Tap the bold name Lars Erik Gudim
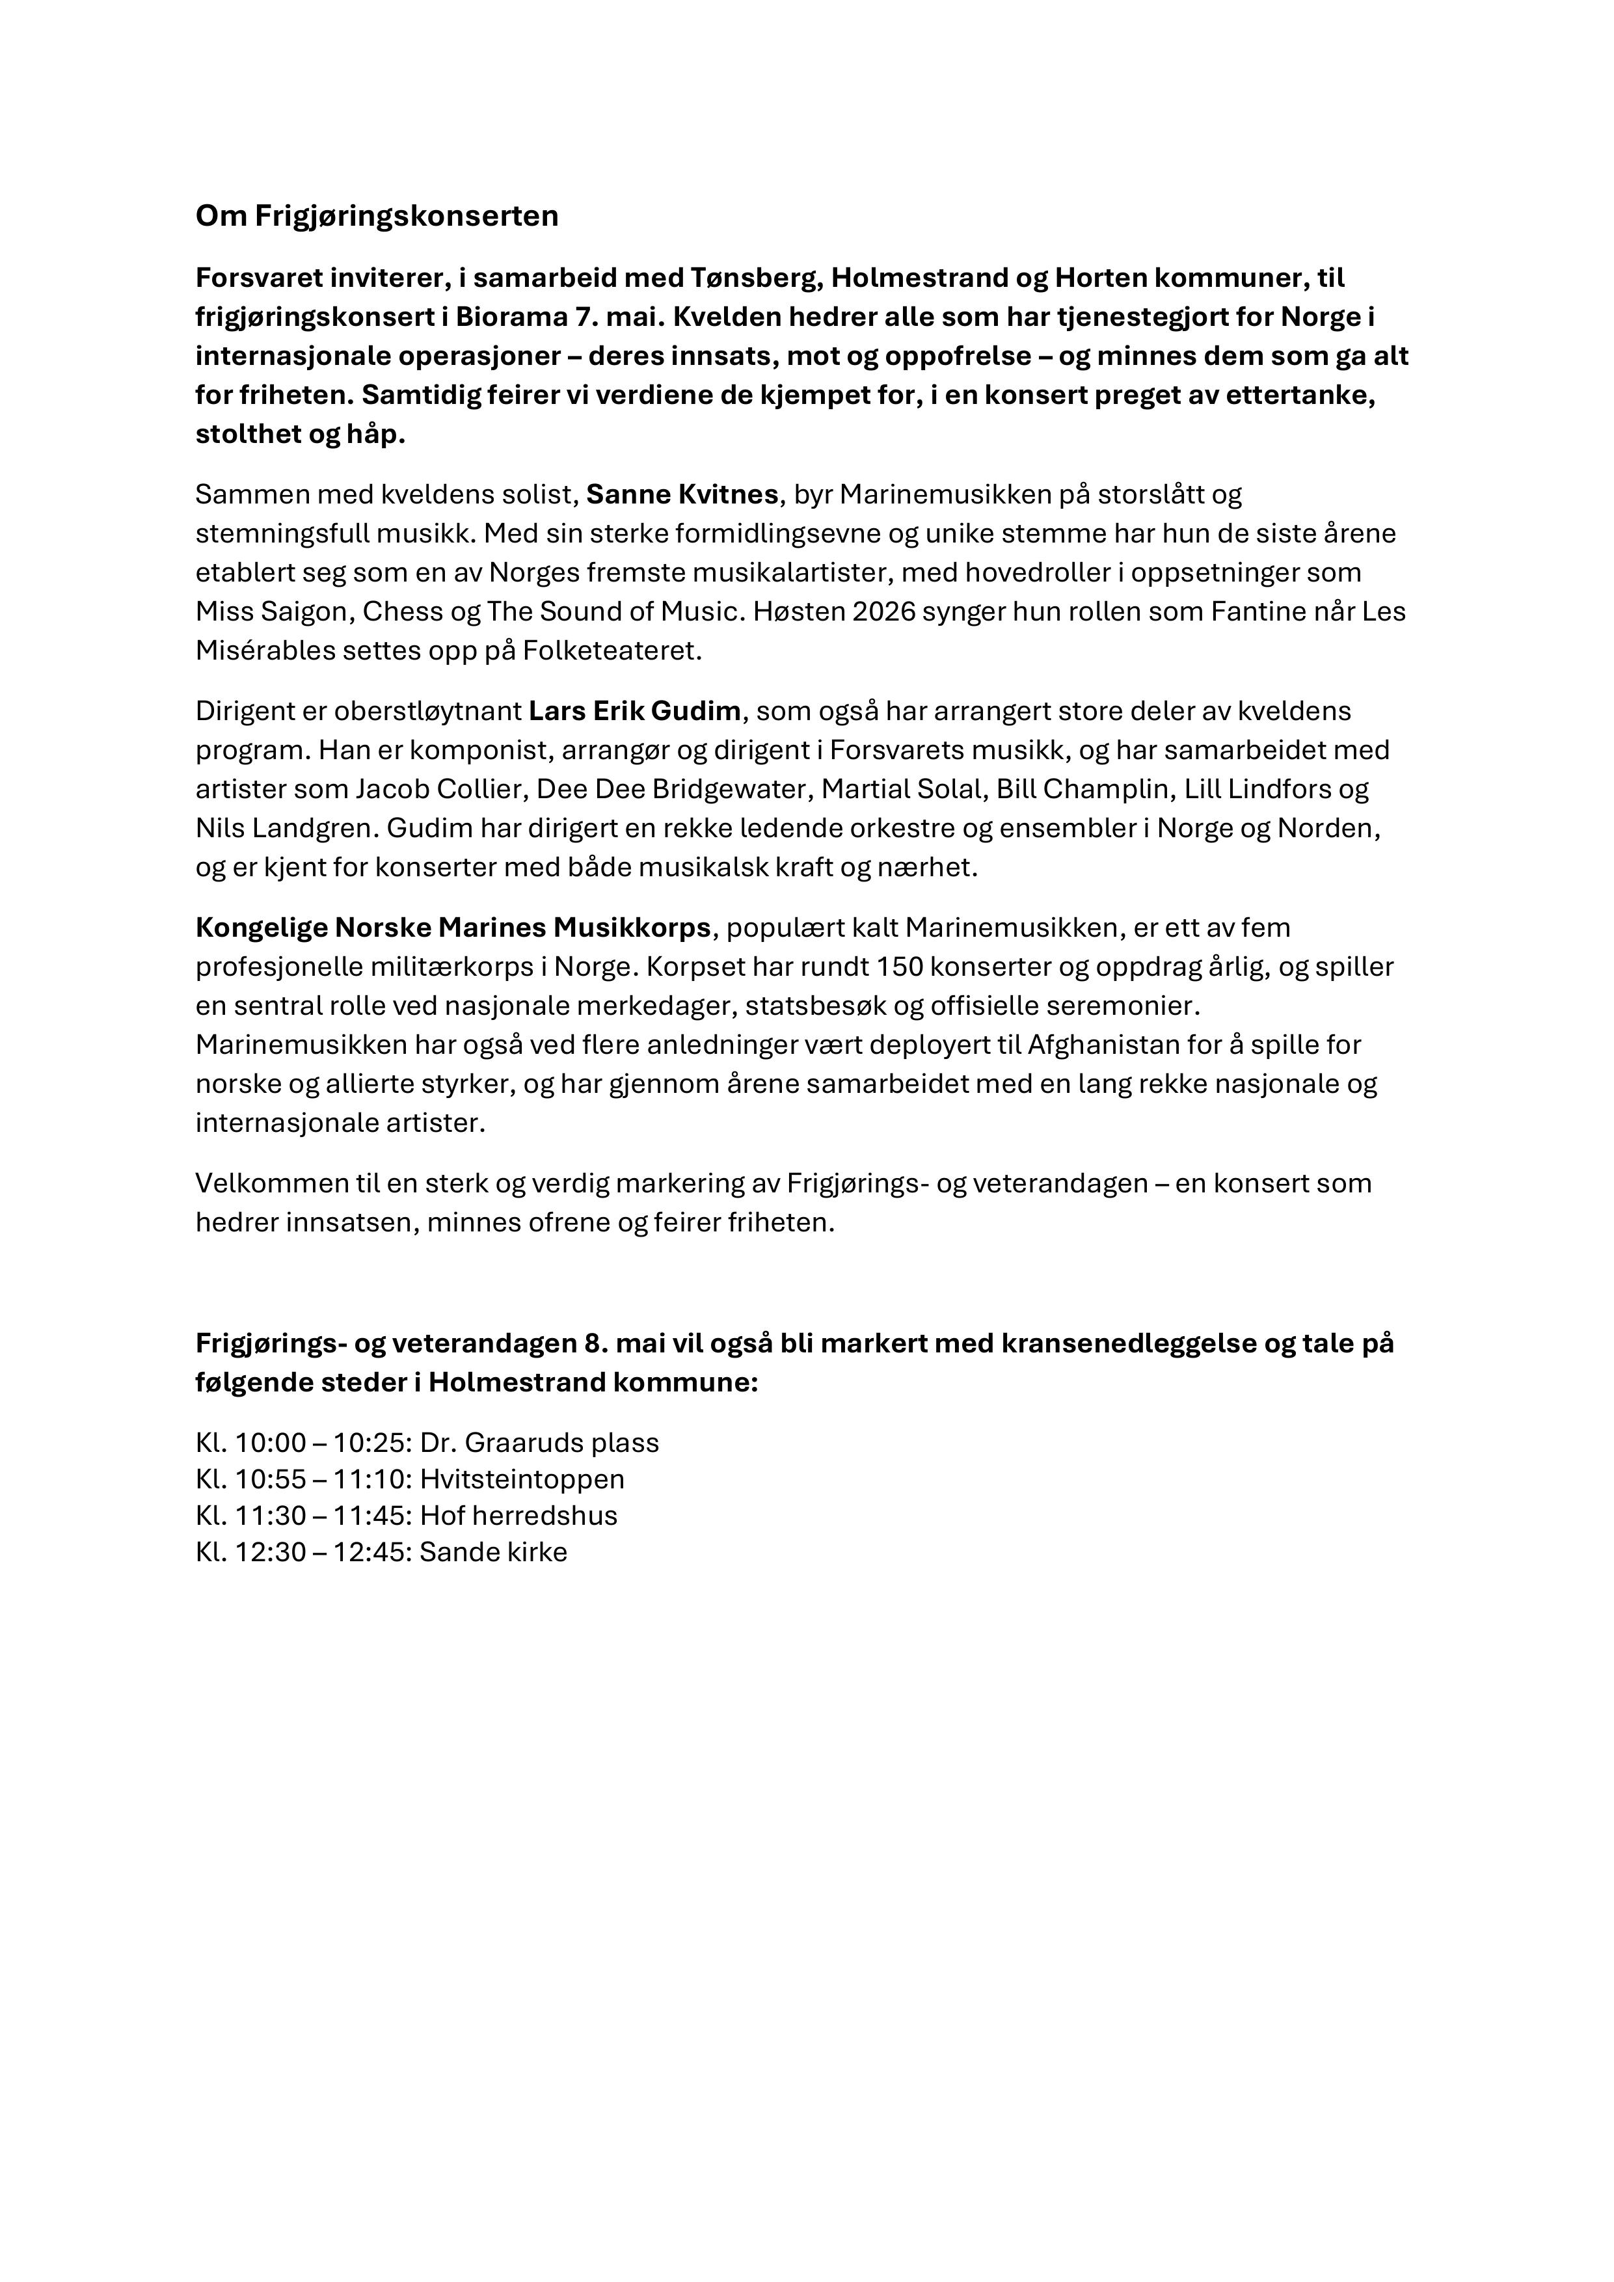[634, 712]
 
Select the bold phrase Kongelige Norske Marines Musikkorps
[453, 928]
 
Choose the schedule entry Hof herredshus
[518, 1516]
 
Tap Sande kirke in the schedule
[493, 1553]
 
